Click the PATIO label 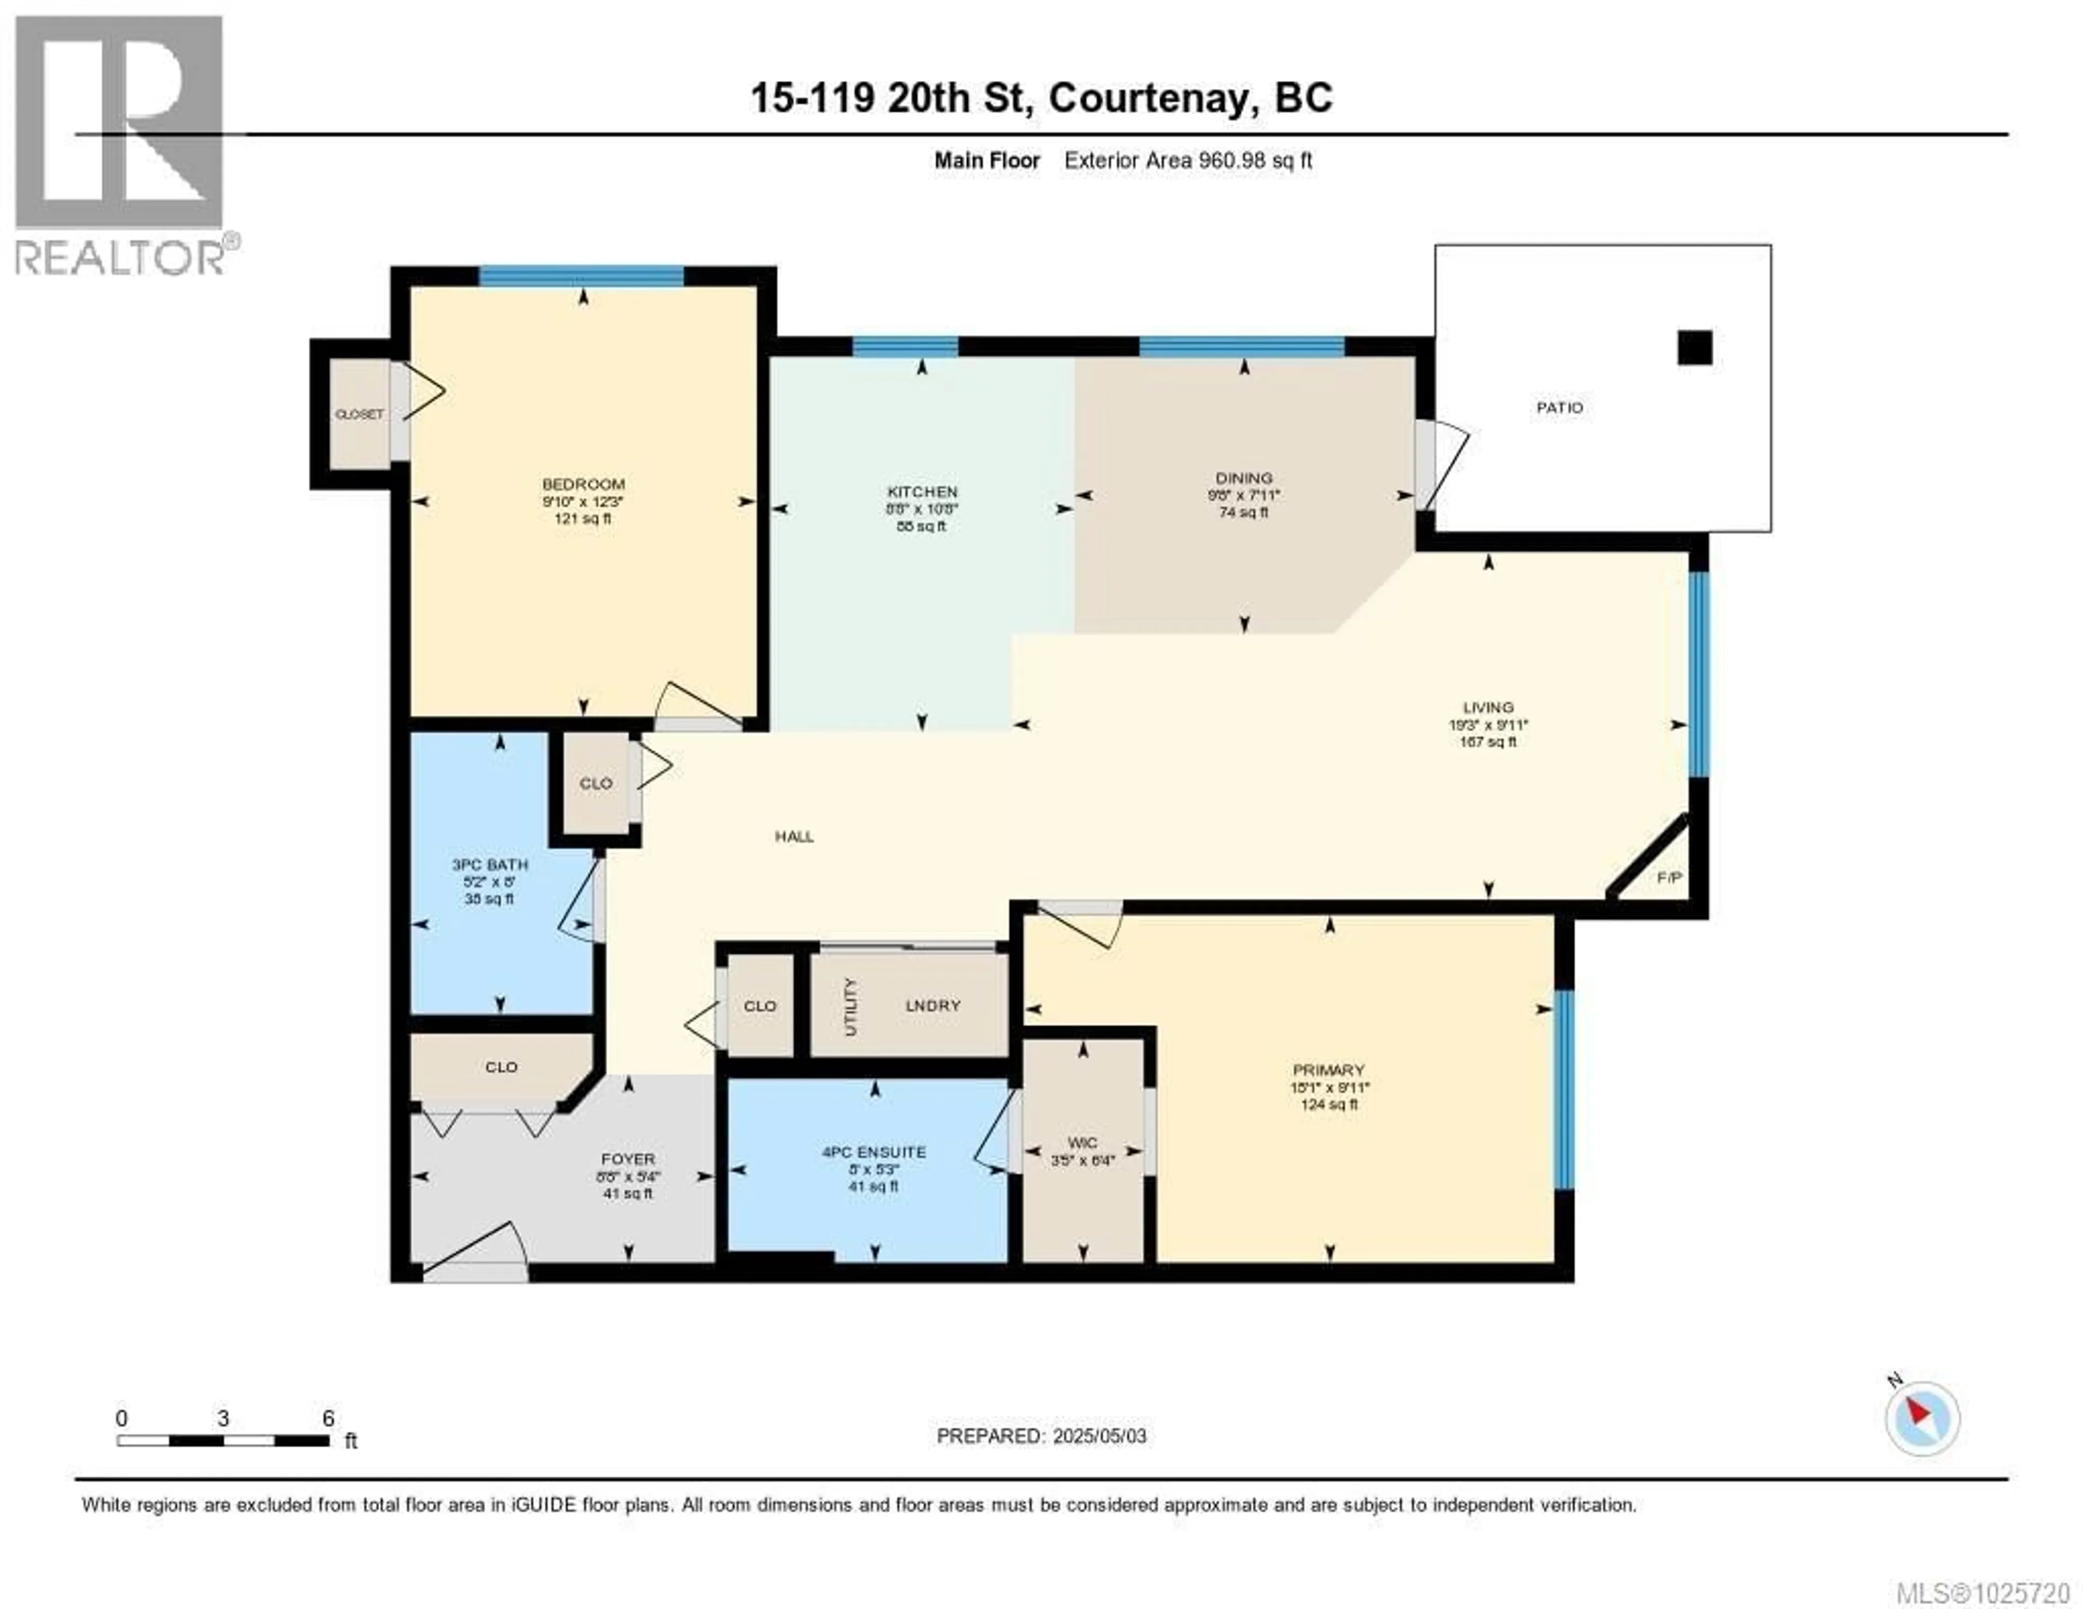point(1560,407)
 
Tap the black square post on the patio point(1695,348)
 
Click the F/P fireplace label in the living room point(1668,877)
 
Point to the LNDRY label point(933,1005)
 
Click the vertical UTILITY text point(851,1006)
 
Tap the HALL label point(794,837)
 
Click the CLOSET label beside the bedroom point(359,414)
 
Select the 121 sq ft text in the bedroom point(583,518)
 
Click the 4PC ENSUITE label point(874,1152)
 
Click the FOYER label point(628,1159)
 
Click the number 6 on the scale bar point(328,1418)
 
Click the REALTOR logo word point(119,258)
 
